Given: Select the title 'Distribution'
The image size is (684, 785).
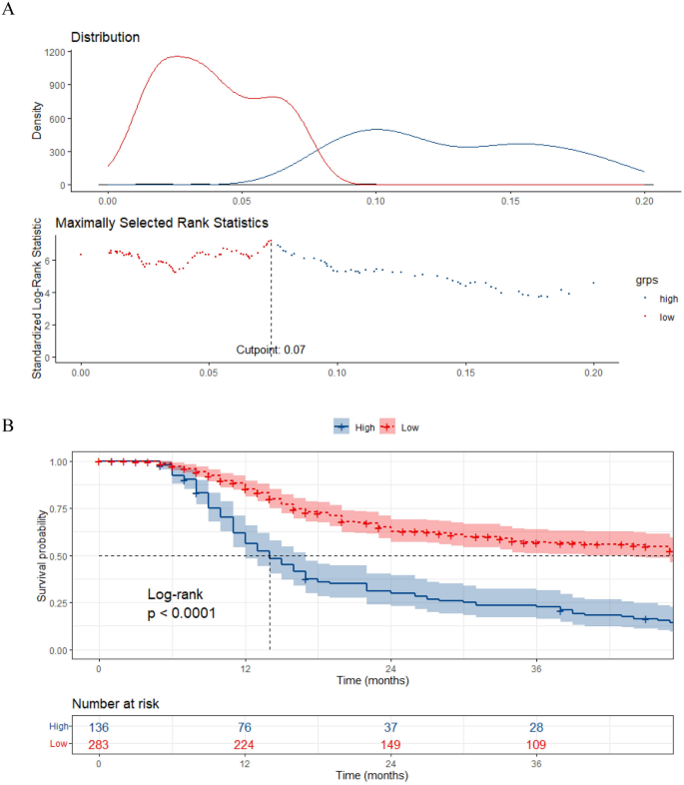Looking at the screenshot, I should (x=104, y=38).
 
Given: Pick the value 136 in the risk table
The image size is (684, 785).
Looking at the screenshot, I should (x=100, y=728).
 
